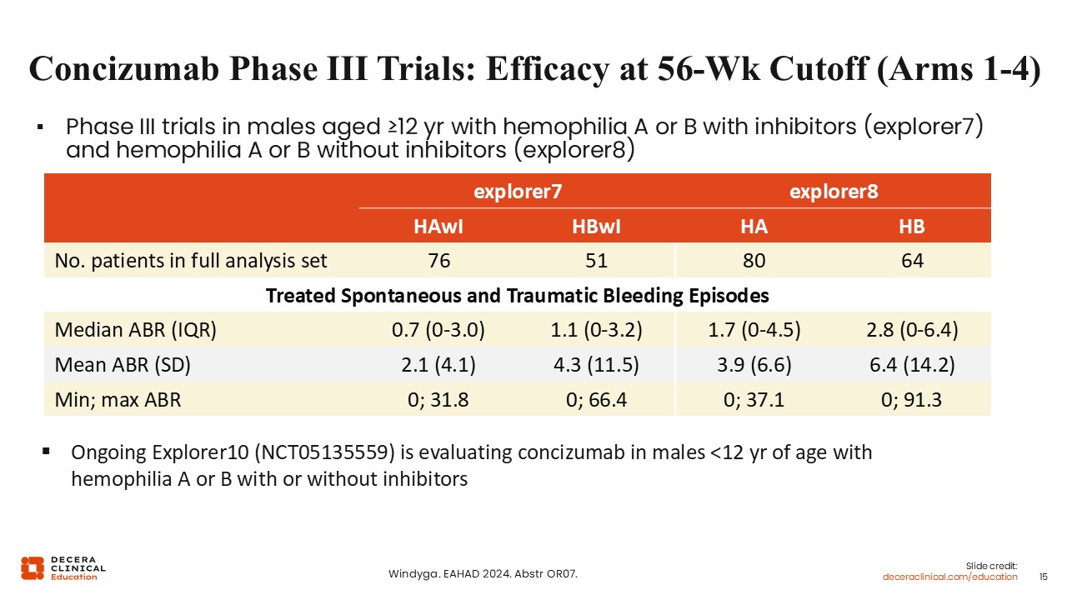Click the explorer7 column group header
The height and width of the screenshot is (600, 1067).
[518, 192]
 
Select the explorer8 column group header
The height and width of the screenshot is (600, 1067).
[833, 192]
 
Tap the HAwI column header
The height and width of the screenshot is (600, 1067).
[438, 227]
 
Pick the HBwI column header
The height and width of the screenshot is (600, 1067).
[596, 227]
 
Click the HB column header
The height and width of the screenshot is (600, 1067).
[912, 227]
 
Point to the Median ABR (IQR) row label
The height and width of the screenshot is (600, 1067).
[136, 330]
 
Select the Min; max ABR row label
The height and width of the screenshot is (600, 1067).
[118, 400]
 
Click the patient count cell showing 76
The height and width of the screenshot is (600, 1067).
[438, 261]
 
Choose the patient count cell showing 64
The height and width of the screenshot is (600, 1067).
[912, 261]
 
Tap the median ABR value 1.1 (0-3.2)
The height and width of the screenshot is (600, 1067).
[596, 330]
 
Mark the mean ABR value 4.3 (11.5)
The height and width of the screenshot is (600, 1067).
[596, 365]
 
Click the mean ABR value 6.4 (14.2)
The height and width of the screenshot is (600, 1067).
[912, 365]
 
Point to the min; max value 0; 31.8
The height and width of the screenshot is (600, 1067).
[438, 400]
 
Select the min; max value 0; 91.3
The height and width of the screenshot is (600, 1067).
[912, 400]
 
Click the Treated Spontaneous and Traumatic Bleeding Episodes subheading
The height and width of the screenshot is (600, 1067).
[517, 296]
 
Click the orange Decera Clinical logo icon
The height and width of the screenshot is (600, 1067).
[33, 567]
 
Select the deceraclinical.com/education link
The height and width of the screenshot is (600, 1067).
[950, 577]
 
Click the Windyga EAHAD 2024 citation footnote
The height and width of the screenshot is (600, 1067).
[483, 574]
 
